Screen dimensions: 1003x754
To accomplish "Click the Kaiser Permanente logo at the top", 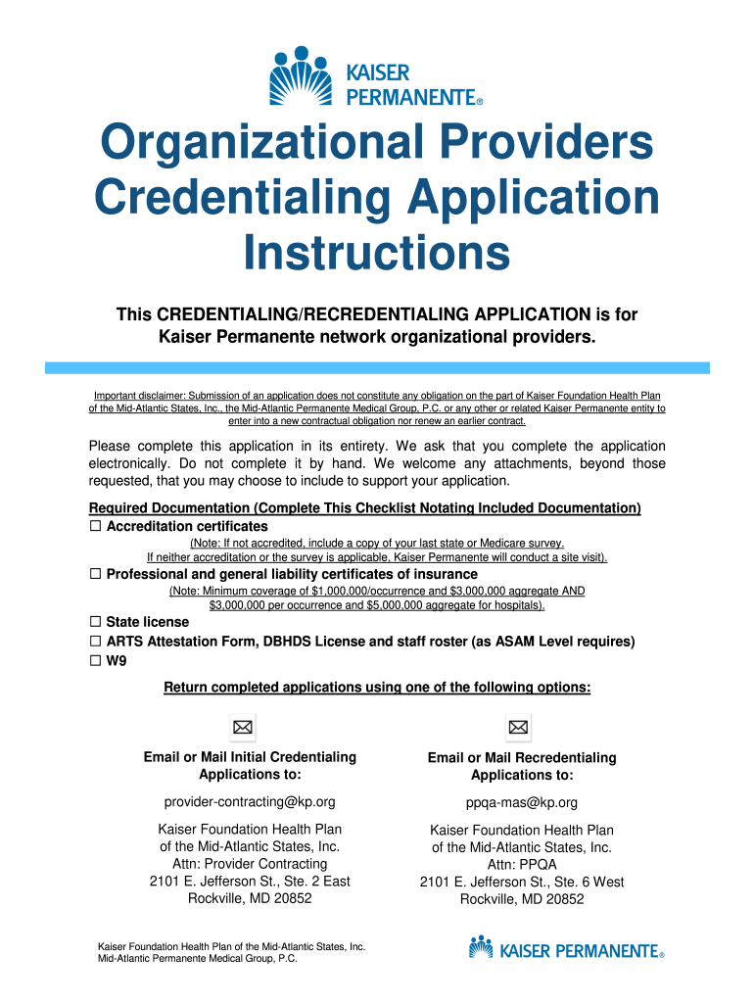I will [376, 75].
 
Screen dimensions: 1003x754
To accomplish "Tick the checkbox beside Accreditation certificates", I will [96, 527].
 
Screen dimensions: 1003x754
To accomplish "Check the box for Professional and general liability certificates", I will [96, 574].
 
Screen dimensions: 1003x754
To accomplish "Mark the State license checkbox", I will [96, 622].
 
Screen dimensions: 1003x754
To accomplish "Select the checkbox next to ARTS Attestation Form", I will [96, 642].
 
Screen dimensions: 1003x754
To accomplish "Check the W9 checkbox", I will [96, 661].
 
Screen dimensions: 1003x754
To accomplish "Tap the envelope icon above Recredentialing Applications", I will [518, 727].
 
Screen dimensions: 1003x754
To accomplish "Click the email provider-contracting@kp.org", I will [250, 802].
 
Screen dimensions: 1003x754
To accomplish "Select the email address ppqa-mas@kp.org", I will [522, 803].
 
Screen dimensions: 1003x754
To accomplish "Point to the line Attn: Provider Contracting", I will [250, 864].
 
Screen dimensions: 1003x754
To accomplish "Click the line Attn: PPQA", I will [522, 865].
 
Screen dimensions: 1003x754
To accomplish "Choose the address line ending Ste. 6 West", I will [522, 882].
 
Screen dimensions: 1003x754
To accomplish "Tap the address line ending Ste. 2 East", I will [250, 881].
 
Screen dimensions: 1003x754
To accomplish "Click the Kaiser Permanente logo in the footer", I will [567, 949].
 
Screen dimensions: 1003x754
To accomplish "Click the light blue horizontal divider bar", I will [377, 366].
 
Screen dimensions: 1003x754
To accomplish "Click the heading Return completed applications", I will [377, 688].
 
